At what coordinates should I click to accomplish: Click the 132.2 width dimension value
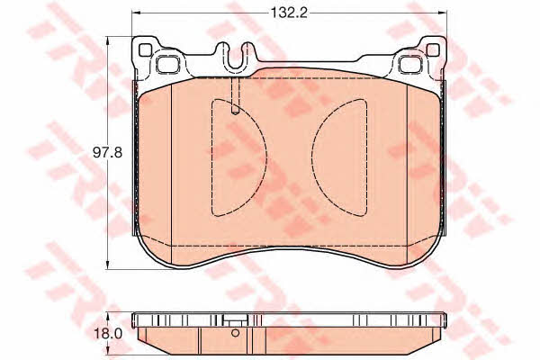pos(289,13)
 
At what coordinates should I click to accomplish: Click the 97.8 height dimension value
pos(107,152)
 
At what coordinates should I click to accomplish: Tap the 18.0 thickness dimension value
pos(107,334)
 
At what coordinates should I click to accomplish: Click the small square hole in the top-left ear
pos(145,50)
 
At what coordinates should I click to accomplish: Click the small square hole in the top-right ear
pos(433,50)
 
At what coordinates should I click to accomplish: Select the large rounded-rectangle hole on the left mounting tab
pos(167,64)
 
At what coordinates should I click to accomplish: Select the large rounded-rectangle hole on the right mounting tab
pos(410,64)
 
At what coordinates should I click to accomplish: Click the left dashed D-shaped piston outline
pos(211,157)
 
